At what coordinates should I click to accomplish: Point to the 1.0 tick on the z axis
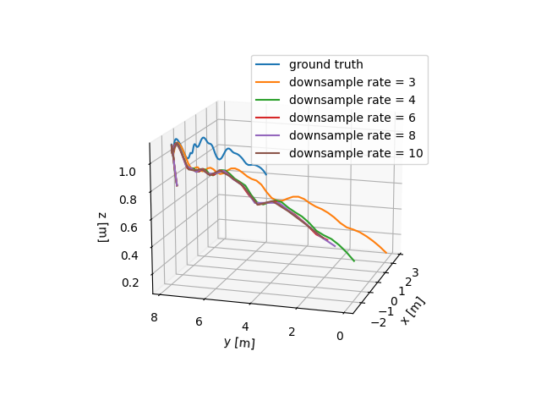point(128,172)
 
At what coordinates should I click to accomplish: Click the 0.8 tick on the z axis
point(128,200)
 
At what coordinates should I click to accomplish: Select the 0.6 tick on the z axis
point(128,228)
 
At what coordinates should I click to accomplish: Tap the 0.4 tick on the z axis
point(128,255)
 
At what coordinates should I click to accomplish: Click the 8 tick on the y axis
point(153,316)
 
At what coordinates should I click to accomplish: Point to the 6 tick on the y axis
point(198,321)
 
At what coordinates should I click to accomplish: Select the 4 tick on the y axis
point(245,326)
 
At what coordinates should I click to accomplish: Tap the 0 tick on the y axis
point(340,337)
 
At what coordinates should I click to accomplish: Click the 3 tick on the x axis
point(416,272)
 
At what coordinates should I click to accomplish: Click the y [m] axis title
point(239,343)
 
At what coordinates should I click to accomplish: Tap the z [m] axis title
point(103,227)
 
